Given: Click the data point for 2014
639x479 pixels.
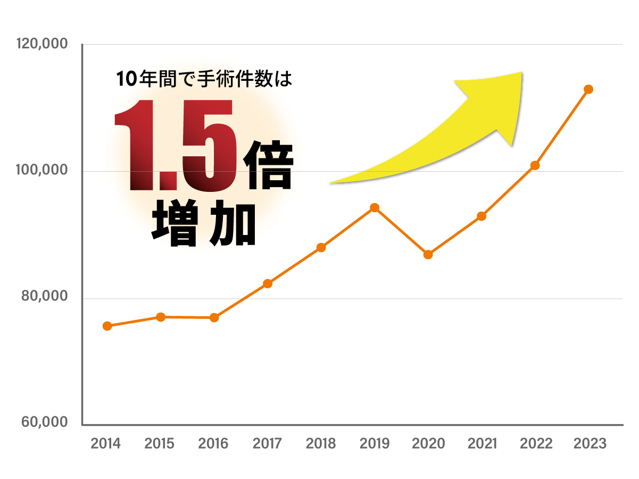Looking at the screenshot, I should [x=107, y=326].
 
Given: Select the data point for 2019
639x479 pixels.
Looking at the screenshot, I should [x=375, y=207].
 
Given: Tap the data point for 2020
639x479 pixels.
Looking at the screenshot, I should [x=428, y=255].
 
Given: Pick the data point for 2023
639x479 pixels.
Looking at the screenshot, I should [x=588, y=89].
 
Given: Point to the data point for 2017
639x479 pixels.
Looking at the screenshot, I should [x=268, y=283].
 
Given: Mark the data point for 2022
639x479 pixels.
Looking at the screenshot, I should [x=535, y=165].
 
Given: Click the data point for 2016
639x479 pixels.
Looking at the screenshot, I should [x=214, y=317].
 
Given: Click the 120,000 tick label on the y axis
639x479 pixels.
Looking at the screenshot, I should [x=42, y=44].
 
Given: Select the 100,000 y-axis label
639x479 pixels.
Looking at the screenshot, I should [x=42, y=171].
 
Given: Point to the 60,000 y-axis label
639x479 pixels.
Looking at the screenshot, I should [x=44, y=423].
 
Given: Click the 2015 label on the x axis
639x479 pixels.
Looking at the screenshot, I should [x=160, y=444].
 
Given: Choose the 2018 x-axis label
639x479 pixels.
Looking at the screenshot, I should [x=321, y=444].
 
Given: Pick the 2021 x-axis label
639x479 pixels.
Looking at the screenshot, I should [x=482, y=444].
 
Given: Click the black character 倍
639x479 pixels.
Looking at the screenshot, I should [x=267, y=165].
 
